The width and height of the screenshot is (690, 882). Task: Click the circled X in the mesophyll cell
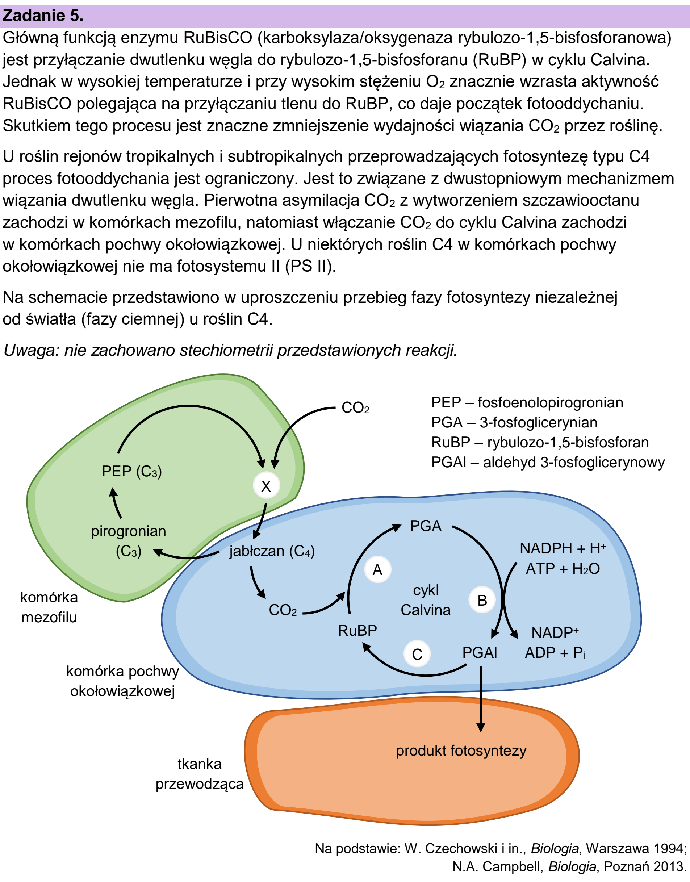(x=266, y=486)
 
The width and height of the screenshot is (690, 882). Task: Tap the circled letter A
(x=377, y=570)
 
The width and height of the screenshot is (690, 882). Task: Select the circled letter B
(x=482, y=600)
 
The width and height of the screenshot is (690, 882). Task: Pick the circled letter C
(x=417, y=654)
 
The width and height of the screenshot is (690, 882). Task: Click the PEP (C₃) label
(x=132, y=472)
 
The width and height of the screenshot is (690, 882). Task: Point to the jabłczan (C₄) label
(x=272, y=551)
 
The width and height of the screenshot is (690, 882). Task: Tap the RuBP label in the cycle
(x=357, y=630)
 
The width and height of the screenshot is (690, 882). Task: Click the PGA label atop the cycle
(x=426, y=526)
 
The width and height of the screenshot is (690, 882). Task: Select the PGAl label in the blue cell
(x=480, y=652)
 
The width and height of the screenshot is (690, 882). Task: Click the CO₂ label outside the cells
(x=355, y=407)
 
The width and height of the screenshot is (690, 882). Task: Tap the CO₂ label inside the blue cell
(x=283, y=610)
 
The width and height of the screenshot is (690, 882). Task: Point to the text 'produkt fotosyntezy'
(x=461, y=751)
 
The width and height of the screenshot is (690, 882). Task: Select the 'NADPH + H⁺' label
(x=563, y=548)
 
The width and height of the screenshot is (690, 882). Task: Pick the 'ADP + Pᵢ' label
(x=555, y=652)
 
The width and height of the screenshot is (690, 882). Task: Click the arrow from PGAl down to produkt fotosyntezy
(x=480, y=699)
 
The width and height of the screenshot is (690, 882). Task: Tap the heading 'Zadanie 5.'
(x=43, y=15)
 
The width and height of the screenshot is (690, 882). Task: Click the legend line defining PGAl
(x=548, y=462)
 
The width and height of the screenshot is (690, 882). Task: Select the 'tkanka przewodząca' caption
(x=200, y=774)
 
